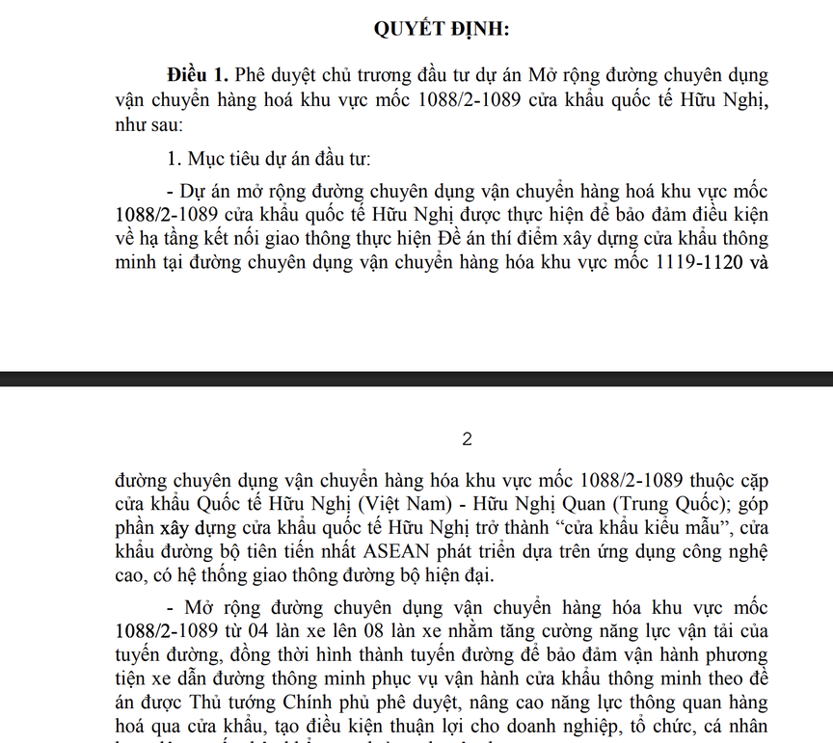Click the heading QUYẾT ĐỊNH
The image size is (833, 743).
click(x=442, y=30)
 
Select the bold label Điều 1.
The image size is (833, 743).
click(x=198, y=74)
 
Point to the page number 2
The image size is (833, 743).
click(x=468, y=439)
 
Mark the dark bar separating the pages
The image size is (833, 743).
click(x=416, y=379)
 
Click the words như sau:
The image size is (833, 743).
click(x=148, y=124)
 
